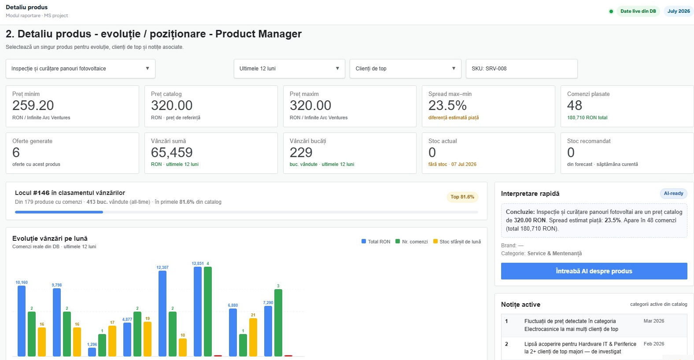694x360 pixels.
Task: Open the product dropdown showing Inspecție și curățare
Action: (80, 68)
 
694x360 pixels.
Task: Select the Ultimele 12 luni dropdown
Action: (289, 68)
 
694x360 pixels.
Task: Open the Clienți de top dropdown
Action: (405, 68)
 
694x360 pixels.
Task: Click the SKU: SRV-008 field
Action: (521, 68)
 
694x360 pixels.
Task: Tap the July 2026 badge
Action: (679, 11)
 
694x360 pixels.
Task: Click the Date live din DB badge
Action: (638, 11)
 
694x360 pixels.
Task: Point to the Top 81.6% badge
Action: (462, 197)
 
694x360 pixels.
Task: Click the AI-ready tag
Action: (673, 194)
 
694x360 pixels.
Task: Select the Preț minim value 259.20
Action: (33, 106)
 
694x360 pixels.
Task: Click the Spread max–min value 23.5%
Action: (447, 106)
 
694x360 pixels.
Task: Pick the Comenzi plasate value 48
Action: (574, 106)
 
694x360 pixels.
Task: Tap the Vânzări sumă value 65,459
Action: (172, 152)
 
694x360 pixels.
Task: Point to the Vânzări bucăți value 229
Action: (301, 152)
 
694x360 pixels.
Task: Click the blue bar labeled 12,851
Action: (198, 312)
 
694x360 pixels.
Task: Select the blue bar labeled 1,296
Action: (92, 352)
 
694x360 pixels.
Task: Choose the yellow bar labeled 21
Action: (253, 338)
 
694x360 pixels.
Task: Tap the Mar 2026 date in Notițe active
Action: (654, 321)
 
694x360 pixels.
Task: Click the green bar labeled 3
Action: (278, 323)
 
